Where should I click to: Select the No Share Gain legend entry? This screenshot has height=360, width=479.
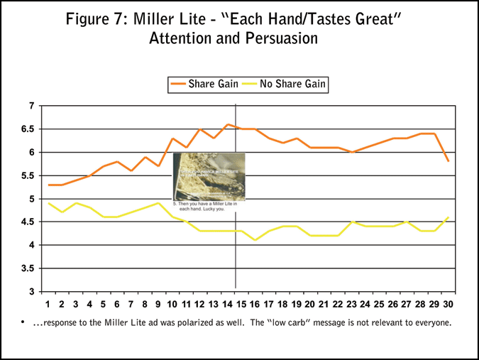pos(284,84)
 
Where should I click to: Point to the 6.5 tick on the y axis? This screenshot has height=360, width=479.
pos(26,129)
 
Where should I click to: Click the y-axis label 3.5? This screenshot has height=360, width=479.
pos(26,268)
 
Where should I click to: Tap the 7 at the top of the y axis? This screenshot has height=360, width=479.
pos(31,106)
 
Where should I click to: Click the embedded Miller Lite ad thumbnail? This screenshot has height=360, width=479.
pos(209,176)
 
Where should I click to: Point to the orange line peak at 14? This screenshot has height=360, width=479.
pos(228,125)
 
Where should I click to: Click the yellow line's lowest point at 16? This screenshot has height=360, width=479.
pos(255,240)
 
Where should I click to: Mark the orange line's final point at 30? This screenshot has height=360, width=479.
pos(448,161)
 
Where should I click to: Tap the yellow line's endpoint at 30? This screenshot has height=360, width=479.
pos(448,217)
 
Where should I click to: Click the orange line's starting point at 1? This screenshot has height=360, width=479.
pos(48,185)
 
